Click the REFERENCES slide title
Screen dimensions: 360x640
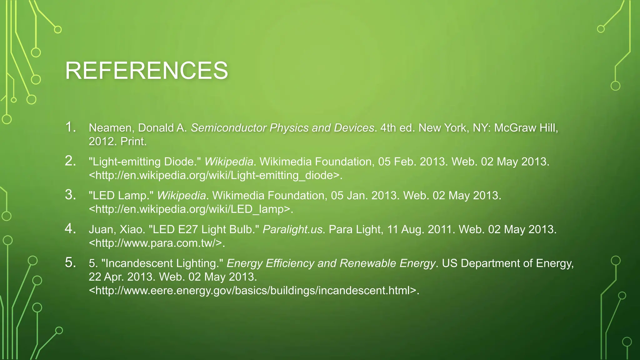146,71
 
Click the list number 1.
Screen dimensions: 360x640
70,127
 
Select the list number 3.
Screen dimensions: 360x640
70,195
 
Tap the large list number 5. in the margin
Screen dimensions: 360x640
70,262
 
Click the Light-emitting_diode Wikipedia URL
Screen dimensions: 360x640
215,175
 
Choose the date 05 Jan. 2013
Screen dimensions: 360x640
364,196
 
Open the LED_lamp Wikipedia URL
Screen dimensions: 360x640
191,209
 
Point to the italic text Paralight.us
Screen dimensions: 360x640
292,229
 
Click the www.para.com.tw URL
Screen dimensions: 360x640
157,243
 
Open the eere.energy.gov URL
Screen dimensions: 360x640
253,291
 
